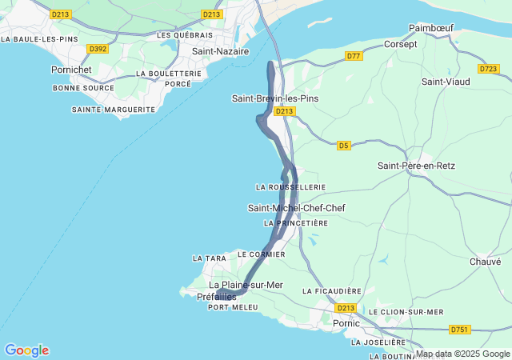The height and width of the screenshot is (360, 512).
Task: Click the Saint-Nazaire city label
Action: pyautogui.click(x=220, y=51)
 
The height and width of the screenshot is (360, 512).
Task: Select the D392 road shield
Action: pyautogui.click(x=98, y=49)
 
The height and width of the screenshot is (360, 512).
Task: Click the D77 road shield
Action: pyautogui.click(x=354, y=55)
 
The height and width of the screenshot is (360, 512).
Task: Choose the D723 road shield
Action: pyautogui.click(x=488, y=69)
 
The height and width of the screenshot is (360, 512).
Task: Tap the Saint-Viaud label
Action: pyautogui.click(x=444, y=82)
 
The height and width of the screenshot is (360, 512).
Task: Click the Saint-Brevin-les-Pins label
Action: pyautogui.click(x=274, y=98)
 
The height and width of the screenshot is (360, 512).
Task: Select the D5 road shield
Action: pyautogui.click(x=343, y=145)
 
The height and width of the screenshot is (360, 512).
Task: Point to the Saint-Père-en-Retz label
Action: pyautogui.click(x=416, y=166)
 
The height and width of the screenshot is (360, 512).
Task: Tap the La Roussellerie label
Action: pyautogui.click(x=290, y=187)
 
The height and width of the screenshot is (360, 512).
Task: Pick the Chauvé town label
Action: pyautogui.click(x=485, y=262)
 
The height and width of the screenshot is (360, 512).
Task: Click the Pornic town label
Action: pyautogui.click(x=346, y=323)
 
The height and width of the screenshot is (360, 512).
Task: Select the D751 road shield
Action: pyautogui.click(x=459, y=329)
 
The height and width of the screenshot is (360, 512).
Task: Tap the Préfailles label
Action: pyautogui.click(x=216, y=297)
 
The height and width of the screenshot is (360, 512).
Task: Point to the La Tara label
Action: pyautogui.click(x=210, y=258)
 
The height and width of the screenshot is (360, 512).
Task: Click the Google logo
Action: pyautogui.click(x=26, y=350)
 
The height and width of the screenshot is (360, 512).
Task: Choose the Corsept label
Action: pyautogui.click(x=401, y=45)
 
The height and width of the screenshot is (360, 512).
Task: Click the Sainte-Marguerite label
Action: pyautogui.click(x=113, y=109)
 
